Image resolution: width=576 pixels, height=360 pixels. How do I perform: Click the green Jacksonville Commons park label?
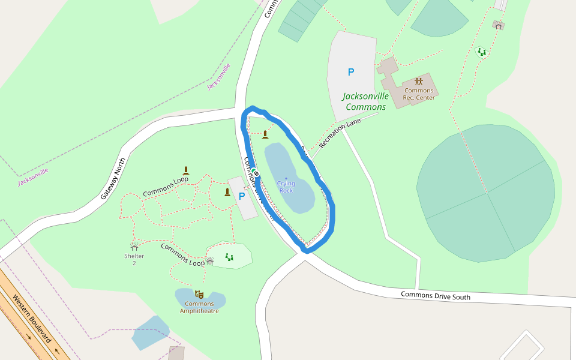pos(365,101)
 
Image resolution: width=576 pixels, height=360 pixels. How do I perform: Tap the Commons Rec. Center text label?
pos(418,94)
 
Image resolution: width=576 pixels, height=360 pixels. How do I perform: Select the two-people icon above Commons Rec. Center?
pos(419,81)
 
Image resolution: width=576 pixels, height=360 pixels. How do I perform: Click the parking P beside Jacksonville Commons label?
pos(351,72)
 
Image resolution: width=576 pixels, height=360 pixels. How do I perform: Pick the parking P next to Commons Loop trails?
pos(242,196)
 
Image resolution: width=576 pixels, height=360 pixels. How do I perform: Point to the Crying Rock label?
pos(286,187)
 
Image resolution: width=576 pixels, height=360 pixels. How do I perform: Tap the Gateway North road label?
pos(113,178)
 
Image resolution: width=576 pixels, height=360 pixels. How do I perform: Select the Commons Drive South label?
pos(436,295)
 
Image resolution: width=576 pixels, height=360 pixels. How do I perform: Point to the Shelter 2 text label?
pos(134,259)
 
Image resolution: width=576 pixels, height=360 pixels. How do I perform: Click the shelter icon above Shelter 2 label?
pos(134,247)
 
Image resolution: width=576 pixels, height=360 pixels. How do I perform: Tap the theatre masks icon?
pos(199,294)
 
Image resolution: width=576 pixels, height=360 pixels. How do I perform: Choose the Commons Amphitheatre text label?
pos(199,307)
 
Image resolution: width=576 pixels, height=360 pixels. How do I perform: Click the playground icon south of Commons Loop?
pos(229,257)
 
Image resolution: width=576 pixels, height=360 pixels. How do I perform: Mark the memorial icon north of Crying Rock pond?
pos(265,134)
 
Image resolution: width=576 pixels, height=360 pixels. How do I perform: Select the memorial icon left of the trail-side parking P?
pos(227,192)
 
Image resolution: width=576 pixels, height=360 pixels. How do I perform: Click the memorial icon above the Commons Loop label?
pos(186,170)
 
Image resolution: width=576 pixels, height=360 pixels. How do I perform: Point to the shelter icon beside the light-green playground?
pos(210,261)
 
